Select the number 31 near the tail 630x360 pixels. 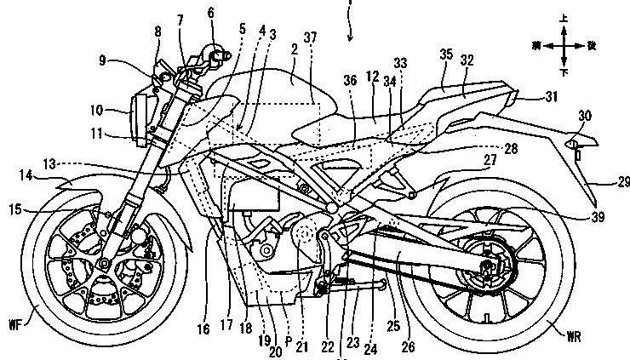pos(553,99)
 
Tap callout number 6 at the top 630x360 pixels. pos(210,14)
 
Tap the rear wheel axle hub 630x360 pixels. pos(484,270)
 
